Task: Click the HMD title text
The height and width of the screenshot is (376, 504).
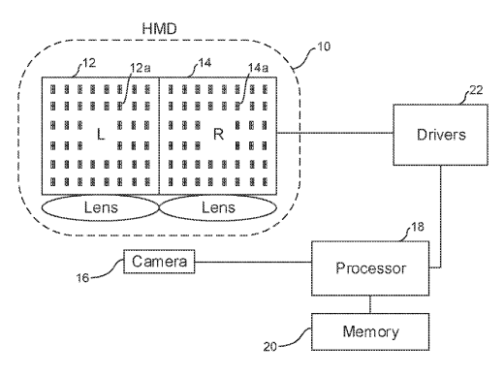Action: point(159,29)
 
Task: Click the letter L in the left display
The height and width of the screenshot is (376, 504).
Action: point(101,134)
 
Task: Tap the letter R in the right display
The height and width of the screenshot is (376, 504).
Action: point(218,134)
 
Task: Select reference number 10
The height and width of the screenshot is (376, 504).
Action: point(324,47)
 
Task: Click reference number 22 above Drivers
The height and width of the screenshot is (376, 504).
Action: point(476,90)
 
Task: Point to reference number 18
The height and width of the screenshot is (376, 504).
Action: point(418,227)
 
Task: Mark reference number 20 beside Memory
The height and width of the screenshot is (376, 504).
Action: point(270,347)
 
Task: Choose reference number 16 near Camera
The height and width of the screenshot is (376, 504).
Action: point(82,278)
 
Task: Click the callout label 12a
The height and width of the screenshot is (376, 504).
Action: point(141,68)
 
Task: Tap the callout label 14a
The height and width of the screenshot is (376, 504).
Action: point(258,68)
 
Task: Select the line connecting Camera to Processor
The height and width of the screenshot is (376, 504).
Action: point(253,262)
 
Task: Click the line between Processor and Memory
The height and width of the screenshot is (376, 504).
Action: point(370,304)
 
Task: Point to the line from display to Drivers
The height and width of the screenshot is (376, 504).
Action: point(335,133)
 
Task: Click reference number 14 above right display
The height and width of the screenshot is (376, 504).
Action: point(205,63)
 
